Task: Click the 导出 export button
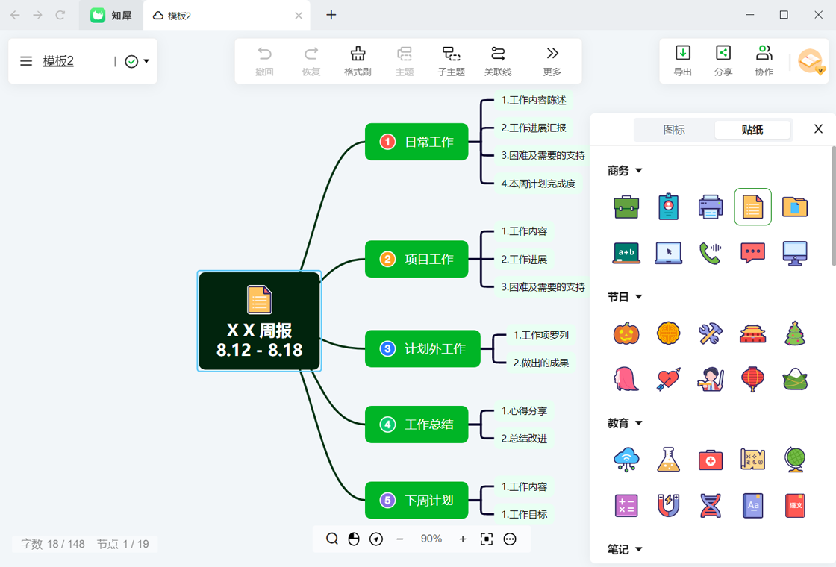pos(682,60)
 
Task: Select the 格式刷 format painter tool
pos(358,60)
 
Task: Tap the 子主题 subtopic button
pos(451,60)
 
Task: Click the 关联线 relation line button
pos(497,60)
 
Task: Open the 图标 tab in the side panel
pos(674,130)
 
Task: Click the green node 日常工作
pos(417,142)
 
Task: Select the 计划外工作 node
pos(422,348)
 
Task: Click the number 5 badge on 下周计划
pos(387,501)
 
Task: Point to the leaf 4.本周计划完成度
pos(538,184)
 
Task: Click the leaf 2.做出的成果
pos(540,363)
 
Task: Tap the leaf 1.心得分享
pos(524,411)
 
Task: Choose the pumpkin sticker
pos(626,333)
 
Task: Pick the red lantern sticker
pos(752,379)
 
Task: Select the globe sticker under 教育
pos(794,460)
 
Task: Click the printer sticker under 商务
pos(710,207)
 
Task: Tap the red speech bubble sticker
pos(752,253)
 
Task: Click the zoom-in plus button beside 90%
pos(463,539)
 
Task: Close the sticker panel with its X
pos(818,128)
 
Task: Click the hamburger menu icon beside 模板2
pos(26,61)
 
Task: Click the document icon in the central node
pos(260,299)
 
